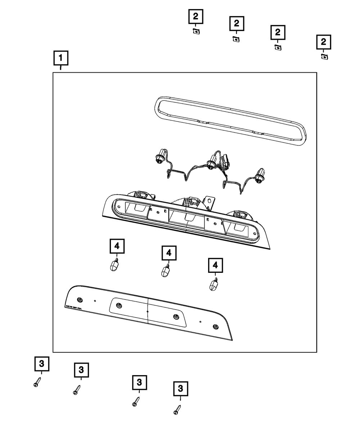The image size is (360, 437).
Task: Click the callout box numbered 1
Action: point(61,58)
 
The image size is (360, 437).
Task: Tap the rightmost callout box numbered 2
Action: point(324,42)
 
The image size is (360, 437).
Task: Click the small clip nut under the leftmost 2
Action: point(196,31)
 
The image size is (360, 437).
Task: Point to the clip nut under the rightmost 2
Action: point(324,57)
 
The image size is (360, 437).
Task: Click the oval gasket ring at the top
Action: point(229,121)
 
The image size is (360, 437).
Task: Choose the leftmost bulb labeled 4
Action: point(114,266)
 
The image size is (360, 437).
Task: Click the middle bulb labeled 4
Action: point(165,271)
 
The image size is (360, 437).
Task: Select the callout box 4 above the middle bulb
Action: point(169,253)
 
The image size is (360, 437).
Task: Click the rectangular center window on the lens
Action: point(148,311)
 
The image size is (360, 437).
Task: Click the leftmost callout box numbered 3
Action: point(42,364)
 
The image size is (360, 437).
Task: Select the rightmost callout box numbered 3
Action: point(181,389)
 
